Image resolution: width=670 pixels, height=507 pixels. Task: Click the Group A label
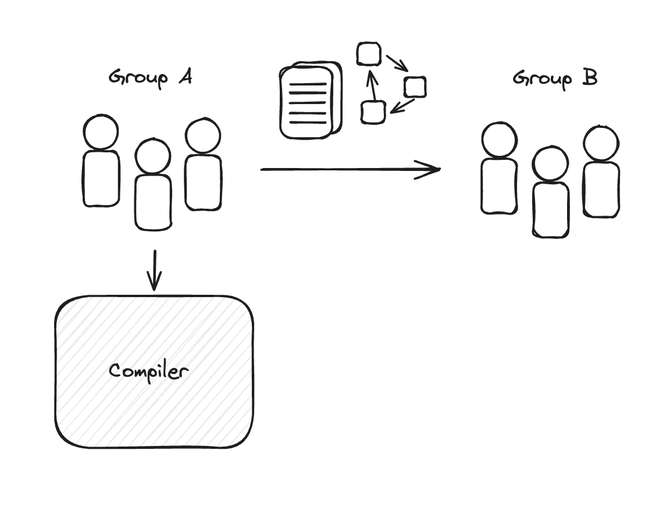[x=150, y=78]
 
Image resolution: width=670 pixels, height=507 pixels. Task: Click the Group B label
[x=554, y=78]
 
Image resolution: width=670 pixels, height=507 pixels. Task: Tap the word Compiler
[x=149, y=371]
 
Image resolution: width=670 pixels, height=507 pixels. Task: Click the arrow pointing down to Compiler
[x=154, y=270]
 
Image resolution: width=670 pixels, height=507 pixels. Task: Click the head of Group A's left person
[x=101, y=132]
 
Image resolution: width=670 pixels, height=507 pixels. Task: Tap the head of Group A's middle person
[x=153, y=156]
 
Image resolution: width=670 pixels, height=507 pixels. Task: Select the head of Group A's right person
[x=203, y=136]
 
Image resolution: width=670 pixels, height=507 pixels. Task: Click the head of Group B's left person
[x=500, y=140]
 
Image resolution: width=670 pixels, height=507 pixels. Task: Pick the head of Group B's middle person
[x=550, y=164]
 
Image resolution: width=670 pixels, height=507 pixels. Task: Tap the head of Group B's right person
[x=601, y=143]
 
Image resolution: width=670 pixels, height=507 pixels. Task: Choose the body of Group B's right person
[x=601, y=190]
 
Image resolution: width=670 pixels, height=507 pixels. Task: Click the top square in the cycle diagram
[x=369, y=54]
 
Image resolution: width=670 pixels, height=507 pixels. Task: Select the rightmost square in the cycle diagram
[x=415, y=87]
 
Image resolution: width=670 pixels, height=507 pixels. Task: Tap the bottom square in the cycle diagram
[x=373, y=112]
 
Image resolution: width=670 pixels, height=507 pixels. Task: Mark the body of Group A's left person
[x=101, y=178]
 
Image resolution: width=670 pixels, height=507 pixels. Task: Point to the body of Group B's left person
[x=500, y=186]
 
